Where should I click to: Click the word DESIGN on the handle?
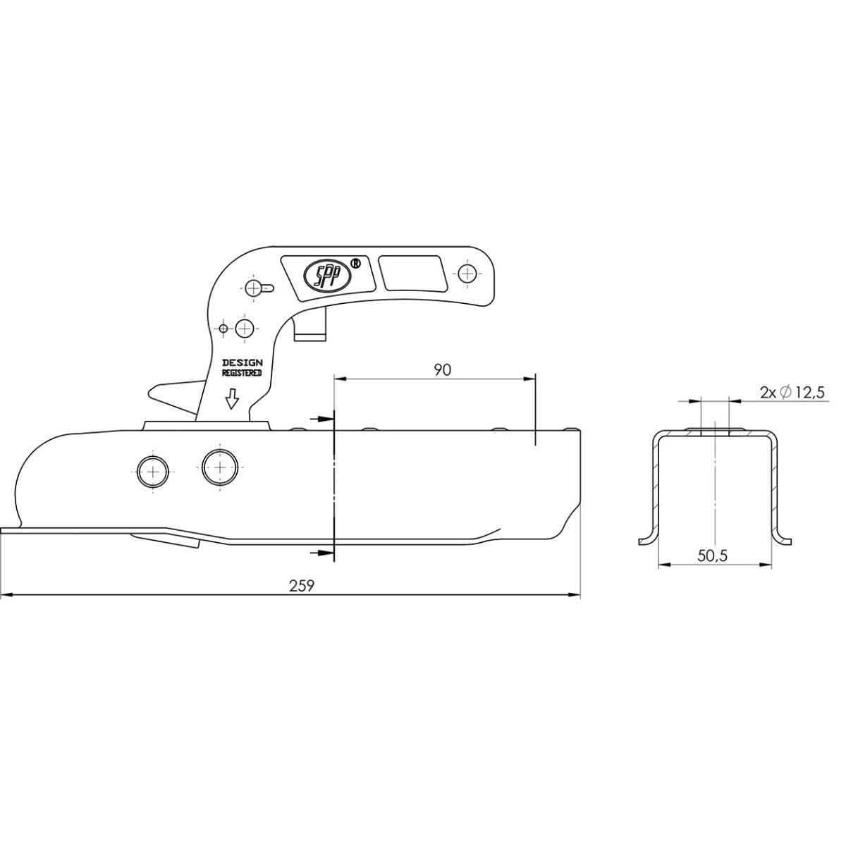pyautogui.click(x=242, y=362)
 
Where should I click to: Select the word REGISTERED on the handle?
pyautogui.click(x=242, y=372)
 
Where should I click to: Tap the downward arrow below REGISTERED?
pyautogui.click(x=231, y=400)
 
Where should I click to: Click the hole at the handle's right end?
pyautogui.click(x=467, y=273)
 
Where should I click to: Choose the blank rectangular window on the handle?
pyautogui.click(x=412, y=274)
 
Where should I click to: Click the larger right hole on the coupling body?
pyautogui.click(x=220, y=467)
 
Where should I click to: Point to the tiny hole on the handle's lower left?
pyautogui.click(x=223, y=329)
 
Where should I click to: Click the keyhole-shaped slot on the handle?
pyautogui.click(x=259, y=287)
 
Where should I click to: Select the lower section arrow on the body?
pyautogui.click(x=322, y=552)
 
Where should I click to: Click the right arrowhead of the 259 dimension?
pyautogui.click(x=575, y=596)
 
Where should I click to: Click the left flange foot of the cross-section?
pyautogui.click(x=646, y=540)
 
